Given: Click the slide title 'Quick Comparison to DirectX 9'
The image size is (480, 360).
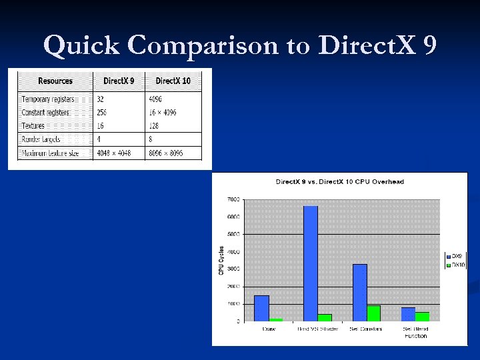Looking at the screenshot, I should point(240,45).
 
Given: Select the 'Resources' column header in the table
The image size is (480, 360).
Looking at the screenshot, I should point(55,81).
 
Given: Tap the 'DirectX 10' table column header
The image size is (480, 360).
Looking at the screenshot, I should point(173,81).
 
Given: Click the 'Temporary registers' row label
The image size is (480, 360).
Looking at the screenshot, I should point(48,99).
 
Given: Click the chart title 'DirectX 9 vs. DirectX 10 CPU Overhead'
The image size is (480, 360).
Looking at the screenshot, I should point(340,181).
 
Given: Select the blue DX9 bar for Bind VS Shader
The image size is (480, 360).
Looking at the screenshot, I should point(311,263).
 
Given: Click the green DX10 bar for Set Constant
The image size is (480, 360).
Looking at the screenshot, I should point(373,313).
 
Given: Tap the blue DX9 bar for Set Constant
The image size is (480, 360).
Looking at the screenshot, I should point(359,293).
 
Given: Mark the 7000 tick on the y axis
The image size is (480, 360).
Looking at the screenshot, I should point(233,200).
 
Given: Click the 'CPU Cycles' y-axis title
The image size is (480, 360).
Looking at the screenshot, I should point(221,260).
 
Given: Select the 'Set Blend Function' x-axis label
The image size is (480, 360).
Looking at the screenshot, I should point(415,332).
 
